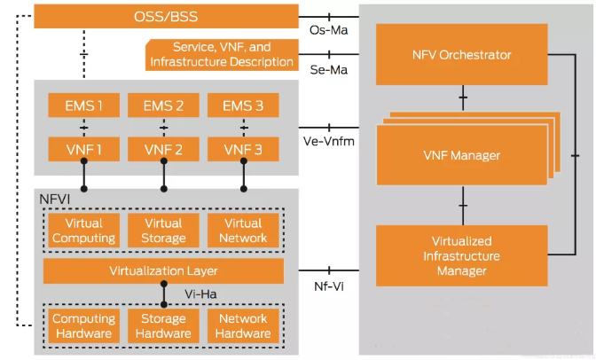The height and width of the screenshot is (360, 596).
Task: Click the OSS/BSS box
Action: click(x=166, y=16)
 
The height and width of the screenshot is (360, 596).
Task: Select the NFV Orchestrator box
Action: click(x=461, y=54)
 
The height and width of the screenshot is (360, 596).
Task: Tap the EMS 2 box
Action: click(x=163, y=106)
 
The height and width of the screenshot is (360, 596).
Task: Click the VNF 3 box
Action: click(x=243, y=149)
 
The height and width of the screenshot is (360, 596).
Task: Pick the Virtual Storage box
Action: click(x=163, y=231)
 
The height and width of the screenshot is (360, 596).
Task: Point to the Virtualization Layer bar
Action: click(x=163, y=271)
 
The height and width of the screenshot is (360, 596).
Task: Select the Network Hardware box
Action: click(x=243, y=325)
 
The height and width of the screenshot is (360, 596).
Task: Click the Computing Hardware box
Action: click(x=84, y=325)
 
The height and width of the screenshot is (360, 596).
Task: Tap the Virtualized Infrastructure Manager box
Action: click(x=461, y=256)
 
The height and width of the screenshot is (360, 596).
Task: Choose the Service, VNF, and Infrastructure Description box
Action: click(x=222, y=55)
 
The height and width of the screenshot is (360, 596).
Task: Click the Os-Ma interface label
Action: click(x=329, y=30)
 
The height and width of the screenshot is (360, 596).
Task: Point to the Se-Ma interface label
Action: click(x=329, y=70)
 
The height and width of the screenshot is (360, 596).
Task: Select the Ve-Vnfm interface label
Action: click(x=329, y=141)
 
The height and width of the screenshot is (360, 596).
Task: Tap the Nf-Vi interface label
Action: click(x=329, y=286)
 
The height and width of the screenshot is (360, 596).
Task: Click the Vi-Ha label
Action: click(x=200, y=294)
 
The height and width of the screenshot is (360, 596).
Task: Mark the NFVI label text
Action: click(x=55, y=200)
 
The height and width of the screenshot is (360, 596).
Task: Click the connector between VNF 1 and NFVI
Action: click(x=84, y=175)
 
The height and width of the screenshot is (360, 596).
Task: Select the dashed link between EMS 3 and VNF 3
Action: click(x=244, y=128)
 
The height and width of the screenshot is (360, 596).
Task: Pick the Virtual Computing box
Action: click(x=84, y=231)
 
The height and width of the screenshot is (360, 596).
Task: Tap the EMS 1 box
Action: click(x=84, y=106)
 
